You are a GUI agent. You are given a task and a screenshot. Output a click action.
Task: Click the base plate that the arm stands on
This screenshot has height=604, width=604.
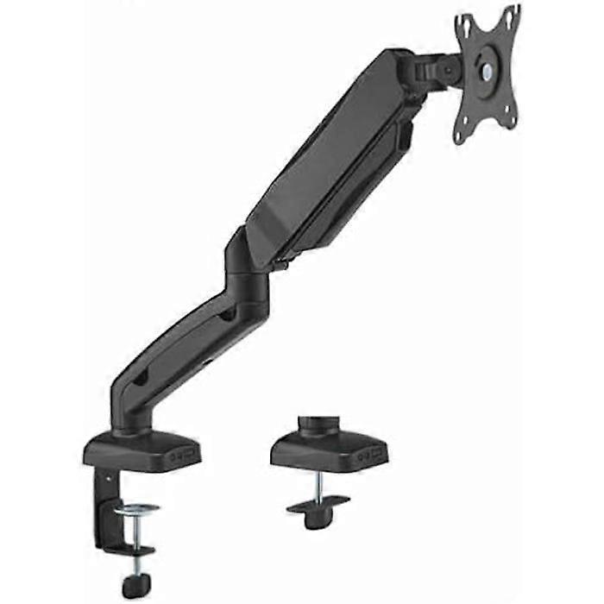pyautogui.click(x=142, y=450)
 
